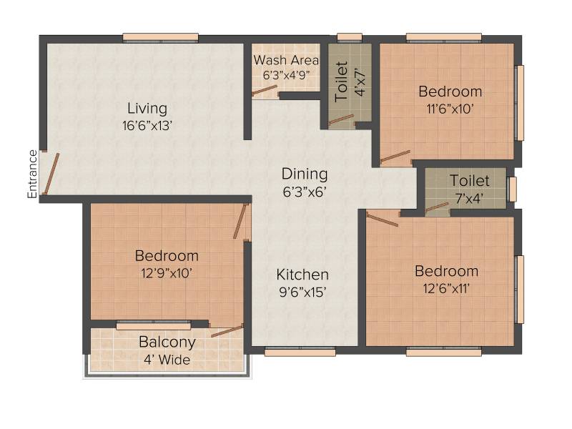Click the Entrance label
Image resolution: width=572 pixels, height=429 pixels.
(32, 174)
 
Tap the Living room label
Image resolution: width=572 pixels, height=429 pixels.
(147, 109)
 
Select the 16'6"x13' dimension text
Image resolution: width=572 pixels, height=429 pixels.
(147, 126)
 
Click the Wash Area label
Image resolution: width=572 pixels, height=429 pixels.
(286, 60)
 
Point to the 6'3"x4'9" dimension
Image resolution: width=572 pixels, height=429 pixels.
(287, 75)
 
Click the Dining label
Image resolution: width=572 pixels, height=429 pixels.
(305, 174)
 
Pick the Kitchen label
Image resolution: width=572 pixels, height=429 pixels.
(302, 275)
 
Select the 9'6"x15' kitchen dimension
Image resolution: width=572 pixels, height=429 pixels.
(302, 292)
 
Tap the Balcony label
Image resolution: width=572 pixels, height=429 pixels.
(167, 342)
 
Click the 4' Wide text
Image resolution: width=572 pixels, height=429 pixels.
(167, 360)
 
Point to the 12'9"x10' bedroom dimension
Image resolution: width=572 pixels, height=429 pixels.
(167, 273)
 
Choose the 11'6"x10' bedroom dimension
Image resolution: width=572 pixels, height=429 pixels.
(450, 109)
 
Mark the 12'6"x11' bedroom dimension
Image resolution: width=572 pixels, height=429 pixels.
(446, 289)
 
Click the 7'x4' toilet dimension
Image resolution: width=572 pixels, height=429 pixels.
(469, 199)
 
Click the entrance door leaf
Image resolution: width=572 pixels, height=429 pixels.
(51, 174)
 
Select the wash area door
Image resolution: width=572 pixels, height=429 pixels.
(264, 91)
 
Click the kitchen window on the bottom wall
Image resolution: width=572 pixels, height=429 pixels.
(300, 352)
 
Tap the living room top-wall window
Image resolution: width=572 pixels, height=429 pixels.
(160, 38)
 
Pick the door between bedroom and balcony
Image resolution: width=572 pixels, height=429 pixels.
(227, 330)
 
